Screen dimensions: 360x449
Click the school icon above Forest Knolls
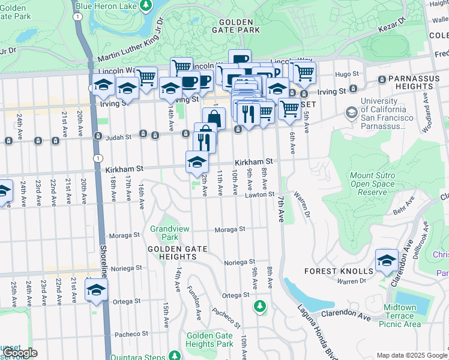[387, 260]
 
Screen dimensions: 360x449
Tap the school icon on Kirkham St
[197, 161]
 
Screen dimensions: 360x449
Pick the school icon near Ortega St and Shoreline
[95, 290]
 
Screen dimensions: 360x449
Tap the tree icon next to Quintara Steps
[174, 355]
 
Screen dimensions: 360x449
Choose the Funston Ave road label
[195, 306]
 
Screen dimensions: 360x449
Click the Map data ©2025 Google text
[412, 355]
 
